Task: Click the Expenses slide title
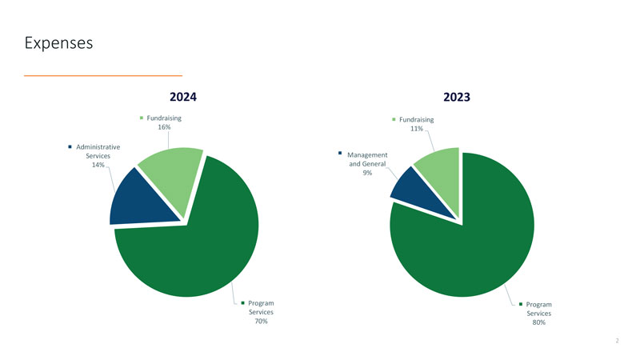point(58,42)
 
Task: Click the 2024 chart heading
point(183,97)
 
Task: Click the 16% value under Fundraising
point(164,128)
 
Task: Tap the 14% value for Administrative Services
point(98,165)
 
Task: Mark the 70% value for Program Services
point(261,322)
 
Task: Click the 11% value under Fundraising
point(416,129)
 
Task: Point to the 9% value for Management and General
point(367,173)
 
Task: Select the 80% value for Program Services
point(538,322)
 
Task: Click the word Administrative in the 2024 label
point(98,147)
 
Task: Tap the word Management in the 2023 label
point(367,155)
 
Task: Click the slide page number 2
point(617,341)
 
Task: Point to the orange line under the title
point(103,75)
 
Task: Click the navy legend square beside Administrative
point(70,146)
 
